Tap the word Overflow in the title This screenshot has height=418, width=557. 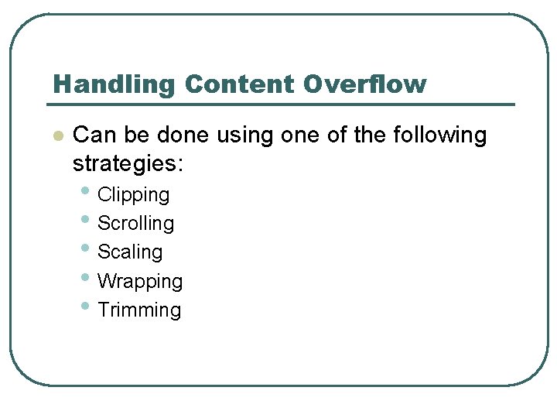click(x=365, y=84)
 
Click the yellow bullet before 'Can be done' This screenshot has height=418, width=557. click(x=56, y=136)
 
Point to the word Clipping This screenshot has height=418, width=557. click(x=133, y=195)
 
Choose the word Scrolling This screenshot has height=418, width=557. click(x=136, y=224)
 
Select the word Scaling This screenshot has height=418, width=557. click(x=130, y=252)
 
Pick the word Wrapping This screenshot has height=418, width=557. click(x=140, y=281)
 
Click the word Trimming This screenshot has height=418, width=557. click(x=139, y=310)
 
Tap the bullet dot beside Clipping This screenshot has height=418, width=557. click(x=84, y=191)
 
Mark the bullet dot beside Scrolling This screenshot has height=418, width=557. click(x=84, y=220)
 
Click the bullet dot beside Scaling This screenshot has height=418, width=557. click(x=84, y=248)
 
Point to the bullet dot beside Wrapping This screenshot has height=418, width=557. click(x=84, y=277)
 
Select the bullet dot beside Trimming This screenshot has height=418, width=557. click(x=84, y=307)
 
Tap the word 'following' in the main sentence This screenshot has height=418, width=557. click(x=440, y=136)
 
